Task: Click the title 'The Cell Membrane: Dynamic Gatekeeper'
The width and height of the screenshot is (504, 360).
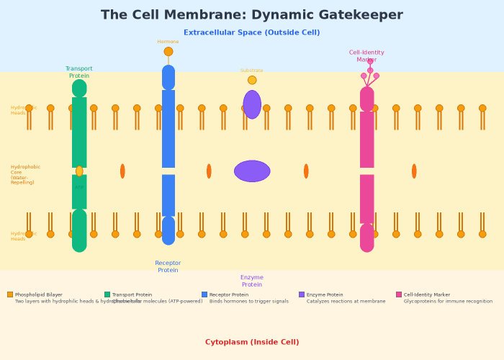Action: (x=252, y=15)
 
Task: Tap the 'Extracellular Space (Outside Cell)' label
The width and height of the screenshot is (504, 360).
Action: (x=252, y=32)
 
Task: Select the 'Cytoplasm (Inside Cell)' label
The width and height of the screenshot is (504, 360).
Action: (x=252, y=342)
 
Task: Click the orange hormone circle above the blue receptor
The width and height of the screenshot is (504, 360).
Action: (x=168, y=51)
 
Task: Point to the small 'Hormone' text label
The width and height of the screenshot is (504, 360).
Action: (x=168, y=42)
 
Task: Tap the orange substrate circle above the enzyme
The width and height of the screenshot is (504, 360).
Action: (x=252, y=80)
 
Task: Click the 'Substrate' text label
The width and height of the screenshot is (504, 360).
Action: (x=252, y=71)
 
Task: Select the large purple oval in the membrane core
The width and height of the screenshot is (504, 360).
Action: (x=252, y=171)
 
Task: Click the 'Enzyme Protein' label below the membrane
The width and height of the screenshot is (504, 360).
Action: (x=252, y=281)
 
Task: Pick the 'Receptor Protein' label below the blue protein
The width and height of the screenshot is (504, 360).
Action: (x=168, y=266)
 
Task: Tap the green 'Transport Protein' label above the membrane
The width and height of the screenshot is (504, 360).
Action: (x=79, y=72)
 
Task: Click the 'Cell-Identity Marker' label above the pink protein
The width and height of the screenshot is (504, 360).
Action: (x=366, y=56)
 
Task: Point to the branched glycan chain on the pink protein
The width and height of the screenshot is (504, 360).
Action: (x=370, y=73)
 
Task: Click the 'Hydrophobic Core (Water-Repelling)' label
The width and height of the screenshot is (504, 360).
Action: (x=25, y=175)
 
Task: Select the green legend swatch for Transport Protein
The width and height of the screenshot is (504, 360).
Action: (x=107, y=294)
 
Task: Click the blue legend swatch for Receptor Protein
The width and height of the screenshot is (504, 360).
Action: (x=204, y=294)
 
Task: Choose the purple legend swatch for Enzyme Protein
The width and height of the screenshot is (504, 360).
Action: (x=302, y=294)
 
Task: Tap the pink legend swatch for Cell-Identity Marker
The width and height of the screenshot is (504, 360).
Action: (x=399, y=294)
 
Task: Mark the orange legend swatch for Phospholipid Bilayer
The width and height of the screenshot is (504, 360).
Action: (x=10, y=294)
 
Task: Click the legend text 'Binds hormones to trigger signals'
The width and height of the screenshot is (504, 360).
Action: (x=249, y=302)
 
